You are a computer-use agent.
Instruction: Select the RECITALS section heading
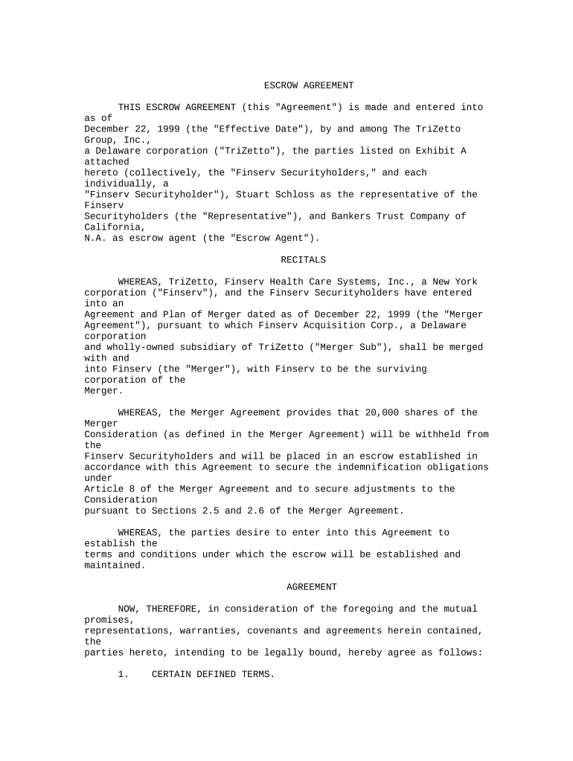[x=303, y=260]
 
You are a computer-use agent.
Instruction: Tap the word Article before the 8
[x=103, y=489]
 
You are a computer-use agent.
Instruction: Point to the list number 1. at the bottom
[x=124, y=674]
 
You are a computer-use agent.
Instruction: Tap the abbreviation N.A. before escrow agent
[x=95, y=239]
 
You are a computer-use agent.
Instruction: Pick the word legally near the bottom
[x=312, y=652]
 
